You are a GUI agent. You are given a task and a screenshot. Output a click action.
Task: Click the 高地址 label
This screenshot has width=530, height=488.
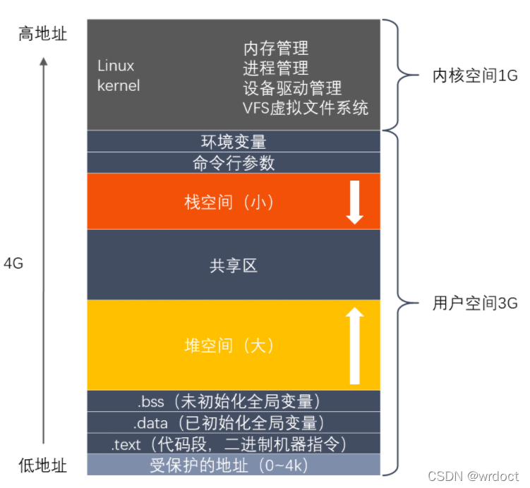click(x=42, y=32)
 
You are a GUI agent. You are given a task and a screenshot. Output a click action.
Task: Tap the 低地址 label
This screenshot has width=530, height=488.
click(x=42, y=465)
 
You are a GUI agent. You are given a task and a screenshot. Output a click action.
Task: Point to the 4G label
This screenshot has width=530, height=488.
click(x=13, y=264)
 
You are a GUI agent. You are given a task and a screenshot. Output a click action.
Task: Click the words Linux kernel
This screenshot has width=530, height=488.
click(x=119, y=75)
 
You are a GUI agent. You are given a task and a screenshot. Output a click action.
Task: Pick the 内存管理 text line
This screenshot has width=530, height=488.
click(x=276, y=49)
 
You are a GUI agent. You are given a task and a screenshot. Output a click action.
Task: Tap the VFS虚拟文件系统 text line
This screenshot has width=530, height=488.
click(x=305, y=108)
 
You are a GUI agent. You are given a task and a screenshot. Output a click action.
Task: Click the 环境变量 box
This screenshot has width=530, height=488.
click(x=234, y=141)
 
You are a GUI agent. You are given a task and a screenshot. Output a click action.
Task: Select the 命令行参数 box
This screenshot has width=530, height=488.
click(x=234, y=163)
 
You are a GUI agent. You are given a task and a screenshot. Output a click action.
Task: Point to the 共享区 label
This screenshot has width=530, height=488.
click(x=234, y=265)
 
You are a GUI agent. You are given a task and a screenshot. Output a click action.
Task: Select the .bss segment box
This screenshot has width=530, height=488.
click(x=234, y=401)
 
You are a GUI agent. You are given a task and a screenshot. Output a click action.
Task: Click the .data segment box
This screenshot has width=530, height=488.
click(x=234, y=422)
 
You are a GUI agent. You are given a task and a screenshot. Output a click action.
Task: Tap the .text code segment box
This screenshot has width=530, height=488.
click(x=234, y=444)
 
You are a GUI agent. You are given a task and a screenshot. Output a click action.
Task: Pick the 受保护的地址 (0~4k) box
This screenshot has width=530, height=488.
click(x=234, y=465)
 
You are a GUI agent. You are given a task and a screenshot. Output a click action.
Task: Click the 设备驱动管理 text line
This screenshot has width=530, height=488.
click(x=292, y=88)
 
